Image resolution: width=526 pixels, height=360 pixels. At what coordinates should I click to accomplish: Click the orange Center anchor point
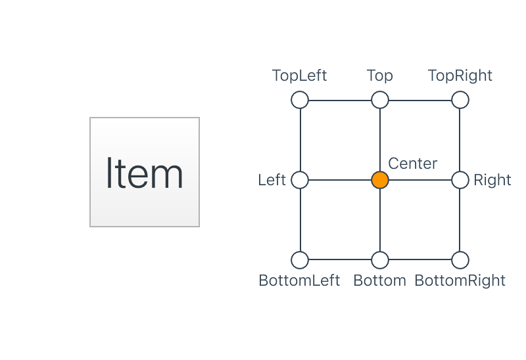click(379, 180)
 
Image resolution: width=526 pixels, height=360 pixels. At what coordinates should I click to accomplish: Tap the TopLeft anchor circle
click(300, 100)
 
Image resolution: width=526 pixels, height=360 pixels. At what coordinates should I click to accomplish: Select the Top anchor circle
click(379, 100)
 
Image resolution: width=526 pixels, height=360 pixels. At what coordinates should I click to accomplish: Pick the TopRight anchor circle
click(460, 100)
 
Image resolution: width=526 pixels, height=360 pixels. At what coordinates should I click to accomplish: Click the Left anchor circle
click(300, 180)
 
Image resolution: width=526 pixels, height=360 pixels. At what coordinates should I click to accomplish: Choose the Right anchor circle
click(460, 180)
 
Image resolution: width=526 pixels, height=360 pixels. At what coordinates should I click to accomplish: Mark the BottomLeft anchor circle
click(300, 260)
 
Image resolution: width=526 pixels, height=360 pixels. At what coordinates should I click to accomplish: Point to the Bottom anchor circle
click(379, 260)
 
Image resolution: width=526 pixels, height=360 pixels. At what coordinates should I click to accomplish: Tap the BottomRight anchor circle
click(460, 260)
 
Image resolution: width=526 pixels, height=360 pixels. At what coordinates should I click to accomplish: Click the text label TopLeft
click(299, 76)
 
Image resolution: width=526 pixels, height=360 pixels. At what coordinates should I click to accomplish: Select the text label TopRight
click(460, 76)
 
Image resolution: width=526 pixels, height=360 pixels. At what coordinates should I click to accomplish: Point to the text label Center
click(413, 163)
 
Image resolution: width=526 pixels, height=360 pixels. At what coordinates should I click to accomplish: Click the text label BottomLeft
click(299, 281)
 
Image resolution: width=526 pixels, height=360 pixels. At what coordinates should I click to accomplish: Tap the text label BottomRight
click(460, 281)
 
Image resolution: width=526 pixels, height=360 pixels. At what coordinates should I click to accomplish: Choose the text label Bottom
click(380, 281)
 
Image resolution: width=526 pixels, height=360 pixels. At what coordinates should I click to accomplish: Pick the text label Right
click(492, 180)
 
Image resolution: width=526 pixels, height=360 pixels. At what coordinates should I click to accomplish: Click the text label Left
click(272, 180)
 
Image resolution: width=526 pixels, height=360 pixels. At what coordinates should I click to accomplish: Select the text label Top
click(380, 76)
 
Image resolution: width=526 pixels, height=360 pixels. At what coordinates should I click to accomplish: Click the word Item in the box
click(145, 173)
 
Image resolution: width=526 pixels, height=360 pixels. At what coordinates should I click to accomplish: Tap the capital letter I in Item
click(110, 173)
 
